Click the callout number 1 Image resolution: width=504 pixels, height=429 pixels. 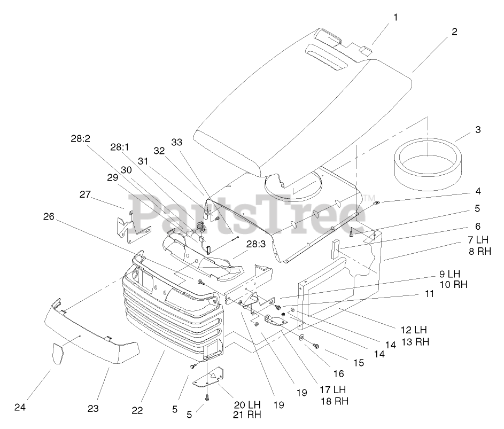[x=396, y=17]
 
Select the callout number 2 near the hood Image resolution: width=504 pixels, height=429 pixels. [x=454, y=32]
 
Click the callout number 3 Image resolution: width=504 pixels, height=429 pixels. [x=477, y=130]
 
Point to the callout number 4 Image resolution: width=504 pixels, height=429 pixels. [x=477, y=191]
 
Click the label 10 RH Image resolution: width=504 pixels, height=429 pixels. [x=453, y=285]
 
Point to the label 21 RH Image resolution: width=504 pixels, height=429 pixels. [x=247, y=414]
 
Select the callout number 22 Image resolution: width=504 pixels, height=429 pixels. [x=137, y=410]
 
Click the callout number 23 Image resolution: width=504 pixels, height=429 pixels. [x=93, y=409]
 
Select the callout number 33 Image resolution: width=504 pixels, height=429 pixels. [x=177, y=142]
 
